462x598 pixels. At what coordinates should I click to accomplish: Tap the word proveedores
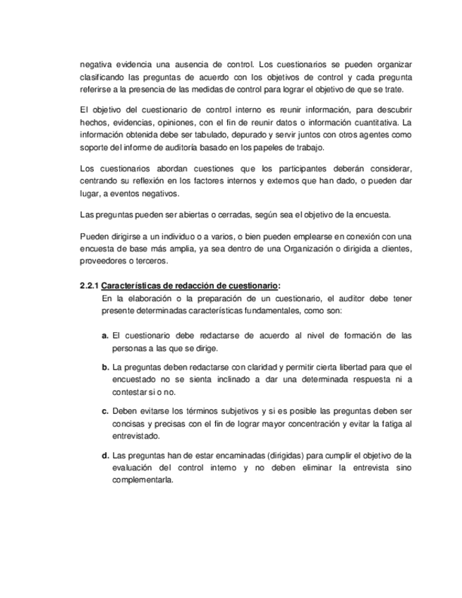pyautogui.click(x=103, y=260)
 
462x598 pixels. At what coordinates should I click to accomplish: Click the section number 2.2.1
pyautogui.click(x=89, y=286)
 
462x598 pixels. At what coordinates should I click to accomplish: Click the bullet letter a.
pyautogui.click(x=105, y=336)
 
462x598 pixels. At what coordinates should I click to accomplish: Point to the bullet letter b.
pyautogui.click(x=105, y=367)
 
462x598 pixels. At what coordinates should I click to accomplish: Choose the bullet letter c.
pyautogui.click(x=105, y=410)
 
